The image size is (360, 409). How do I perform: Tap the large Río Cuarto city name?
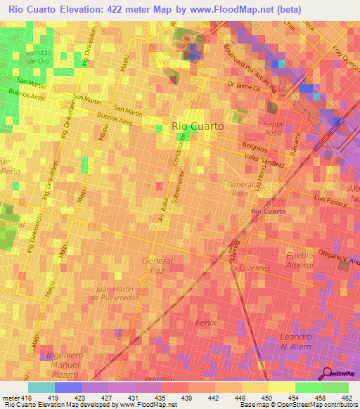(198, 126)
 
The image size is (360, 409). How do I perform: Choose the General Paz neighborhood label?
(157, 266)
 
